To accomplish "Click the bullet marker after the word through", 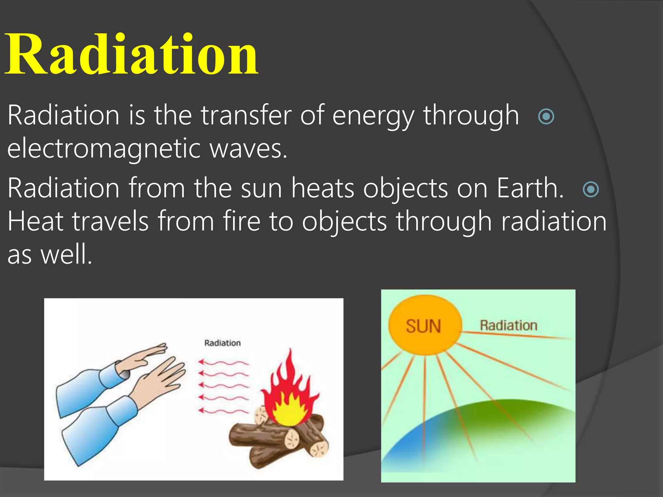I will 546,116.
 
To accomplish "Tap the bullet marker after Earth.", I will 590,189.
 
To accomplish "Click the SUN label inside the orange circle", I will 423,326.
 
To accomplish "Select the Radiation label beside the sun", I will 508,326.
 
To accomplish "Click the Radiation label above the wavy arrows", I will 222,343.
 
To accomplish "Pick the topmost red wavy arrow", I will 223,362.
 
